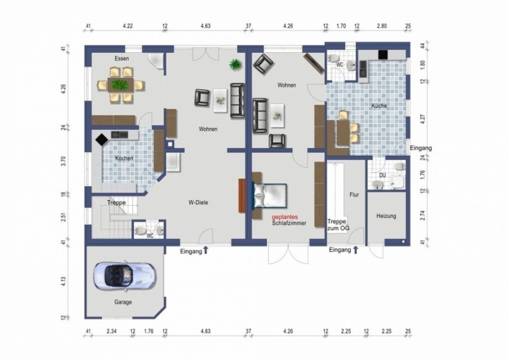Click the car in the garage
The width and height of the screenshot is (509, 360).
click(125, 275)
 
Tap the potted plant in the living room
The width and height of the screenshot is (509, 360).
click(235, 65)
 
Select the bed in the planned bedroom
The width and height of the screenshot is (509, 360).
click(270, 196)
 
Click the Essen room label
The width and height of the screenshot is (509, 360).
click(122, 59)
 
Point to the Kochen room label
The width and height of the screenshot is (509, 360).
click(124, 158)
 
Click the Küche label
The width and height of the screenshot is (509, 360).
click(379, 106)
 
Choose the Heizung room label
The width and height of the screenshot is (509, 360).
click(386, 216)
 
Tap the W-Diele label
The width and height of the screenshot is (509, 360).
click(198, 202)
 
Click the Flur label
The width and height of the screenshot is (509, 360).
click(354, 194)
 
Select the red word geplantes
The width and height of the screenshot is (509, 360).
click(285, 217)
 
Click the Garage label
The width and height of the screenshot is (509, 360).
click(123, 302)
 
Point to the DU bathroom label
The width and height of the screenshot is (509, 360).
click(383, 176)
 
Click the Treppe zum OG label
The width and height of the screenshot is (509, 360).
click(338, 225)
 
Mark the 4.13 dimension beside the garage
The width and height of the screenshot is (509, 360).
click(64, 281)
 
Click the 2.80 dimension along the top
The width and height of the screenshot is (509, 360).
click(382, 26)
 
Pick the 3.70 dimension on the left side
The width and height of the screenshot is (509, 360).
click(64, 162)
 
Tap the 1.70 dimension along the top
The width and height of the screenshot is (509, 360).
click(341, 26)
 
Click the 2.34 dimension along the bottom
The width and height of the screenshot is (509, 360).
click(112, 331)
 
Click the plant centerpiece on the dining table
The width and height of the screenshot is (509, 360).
click(120, 85)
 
